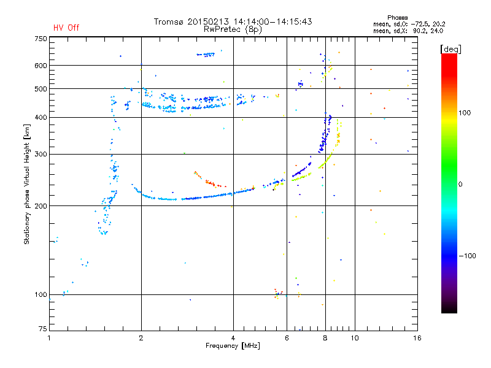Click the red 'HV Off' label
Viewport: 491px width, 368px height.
[66, 28]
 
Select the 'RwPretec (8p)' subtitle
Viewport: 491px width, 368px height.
[233, 29]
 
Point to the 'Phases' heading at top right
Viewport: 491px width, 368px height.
[397, 18]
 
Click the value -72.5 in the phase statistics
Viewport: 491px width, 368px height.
[420, 24]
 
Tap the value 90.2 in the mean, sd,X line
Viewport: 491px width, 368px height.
[421, 31]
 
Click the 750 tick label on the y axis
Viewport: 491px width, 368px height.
[41, 39]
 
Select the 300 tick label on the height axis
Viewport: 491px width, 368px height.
[41, 154]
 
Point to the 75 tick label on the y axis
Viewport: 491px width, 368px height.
[43, 329]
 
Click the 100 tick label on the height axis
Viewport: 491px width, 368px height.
[41, 294]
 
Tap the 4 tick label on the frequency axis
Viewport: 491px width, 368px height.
[233, 338]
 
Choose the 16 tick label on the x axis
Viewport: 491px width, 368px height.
[417, 338]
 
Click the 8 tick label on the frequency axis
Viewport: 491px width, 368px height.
[325, 338]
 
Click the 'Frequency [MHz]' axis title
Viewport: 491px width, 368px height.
[233, 346]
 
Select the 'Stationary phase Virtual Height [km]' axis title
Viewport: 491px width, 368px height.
[27, 185]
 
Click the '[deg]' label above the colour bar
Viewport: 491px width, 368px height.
[450, 49]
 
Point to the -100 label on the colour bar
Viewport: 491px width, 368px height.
[468, 256]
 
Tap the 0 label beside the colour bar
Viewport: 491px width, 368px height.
[460, 185]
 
